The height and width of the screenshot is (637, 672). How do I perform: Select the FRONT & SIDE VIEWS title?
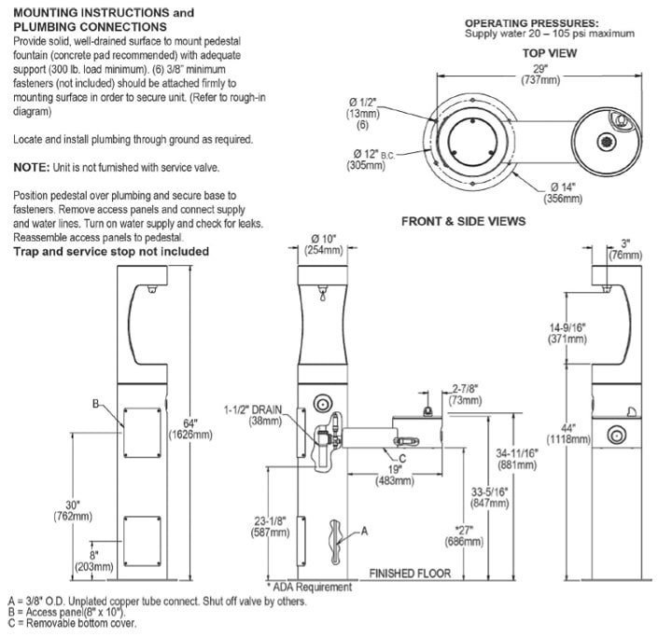[x=463, y=221]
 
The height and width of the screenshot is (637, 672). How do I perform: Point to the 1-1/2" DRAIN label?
[x=254, y=414]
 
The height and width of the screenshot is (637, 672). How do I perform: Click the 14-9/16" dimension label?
[x=568, y=334]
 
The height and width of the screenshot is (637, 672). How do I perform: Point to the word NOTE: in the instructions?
[x=35, y=168]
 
